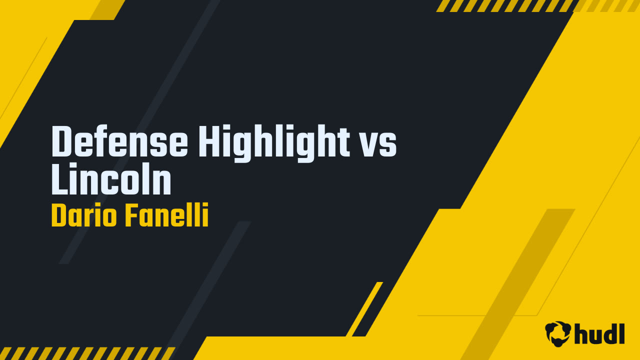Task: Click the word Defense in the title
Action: pos(119,142)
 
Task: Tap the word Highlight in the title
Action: pos(274,142)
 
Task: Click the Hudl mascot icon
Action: pos(558,333)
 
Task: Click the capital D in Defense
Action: pos(62,142)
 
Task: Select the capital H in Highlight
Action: pos(209,142)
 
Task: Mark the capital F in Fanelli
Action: pos(131,216)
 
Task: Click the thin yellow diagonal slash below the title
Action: pos(364,309)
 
